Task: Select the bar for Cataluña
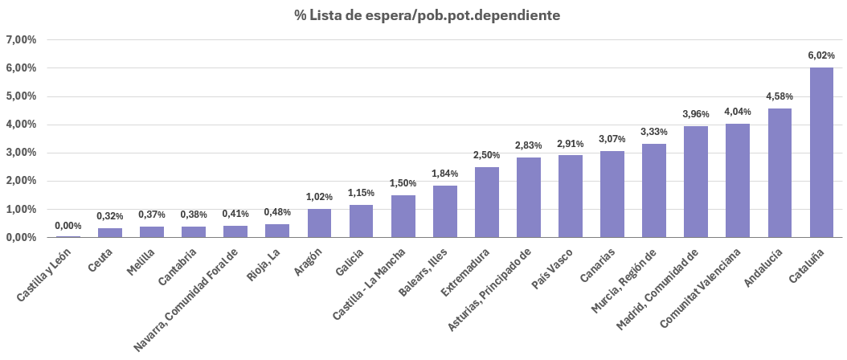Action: (x=821, y=153)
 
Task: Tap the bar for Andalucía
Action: (x=779, y=173)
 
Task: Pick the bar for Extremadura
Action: (x=487, y=202)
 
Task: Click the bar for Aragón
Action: (x=320, y=223)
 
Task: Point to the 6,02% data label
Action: (x=821, y=55)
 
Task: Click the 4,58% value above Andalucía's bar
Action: (x=779, y=96)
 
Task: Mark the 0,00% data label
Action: (x=68, y=226)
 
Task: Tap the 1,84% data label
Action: (x=445, y=174)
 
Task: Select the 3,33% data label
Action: (x=654, y=132)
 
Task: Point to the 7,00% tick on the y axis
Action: (x=21, y=40)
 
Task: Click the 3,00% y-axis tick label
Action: (x=21, y=153)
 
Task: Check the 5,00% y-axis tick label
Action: (x=21, y=96)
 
